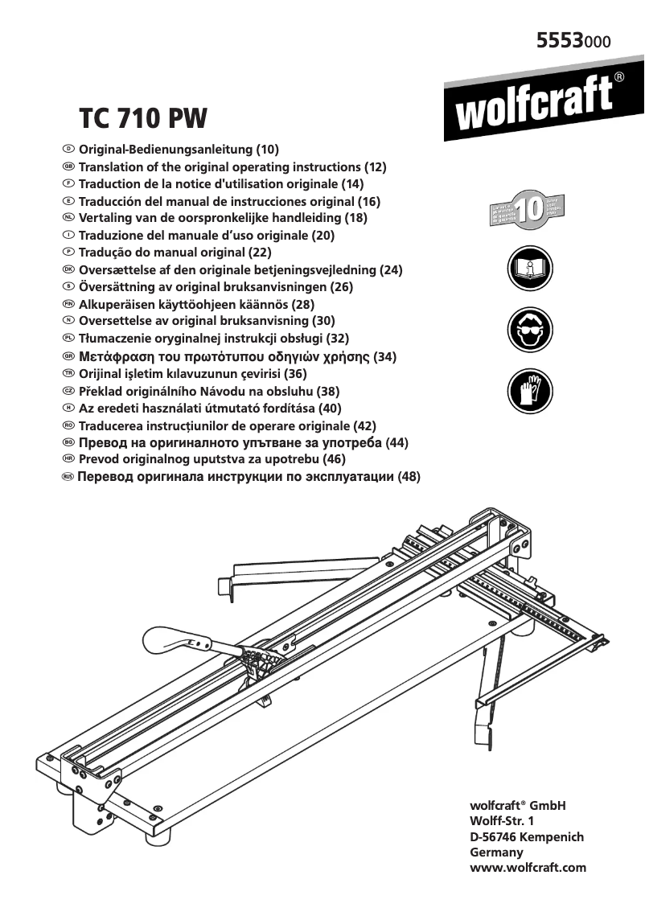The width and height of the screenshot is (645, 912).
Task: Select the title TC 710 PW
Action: point(143,119)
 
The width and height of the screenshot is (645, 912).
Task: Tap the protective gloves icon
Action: point(529,392)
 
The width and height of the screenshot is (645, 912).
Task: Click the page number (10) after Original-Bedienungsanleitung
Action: point(267,150)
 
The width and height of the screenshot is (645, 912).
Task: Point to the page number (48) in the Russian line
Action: point(409,477)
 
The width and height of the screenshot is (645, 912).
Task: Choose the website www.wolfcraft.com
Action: point(528,868)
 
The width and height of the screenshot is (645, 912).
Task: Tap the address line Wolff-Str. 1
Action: point(501,821)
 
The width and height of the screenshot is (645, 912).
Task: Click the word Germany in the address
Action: point(496,852)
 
